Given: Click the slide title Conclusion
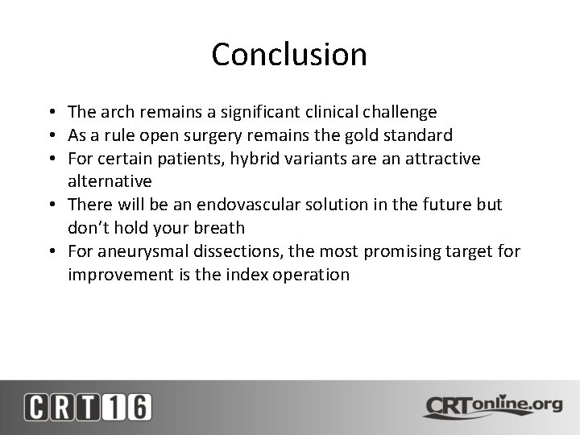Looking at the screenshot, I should point(289,55).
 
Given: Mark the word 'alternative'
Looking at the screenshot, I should point(110,182).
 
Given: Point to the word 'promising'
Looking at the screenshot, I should point(403,251).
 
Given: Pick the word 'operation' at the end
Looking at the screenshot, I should point(313,275).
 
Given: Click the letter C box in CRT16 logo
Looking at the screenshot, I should point(37,406).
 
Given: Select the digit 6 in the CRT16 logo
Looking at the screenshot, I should point(138,406).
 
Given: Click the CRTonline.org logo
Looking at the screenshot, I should point(492,406).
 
